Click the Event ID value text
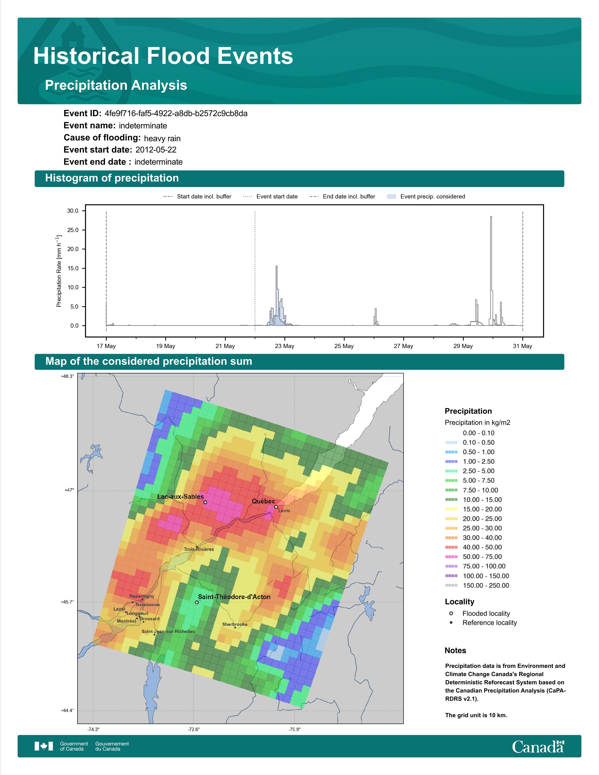pyautogui.click(x=176, y=114)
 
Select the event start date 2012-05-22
pyautogui.click(x=156, y=150)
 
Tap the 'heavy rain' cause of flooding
pyautogui.click(x=162, y=138)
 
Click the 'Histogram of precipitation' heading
pyautogui.click(x=112, y=178)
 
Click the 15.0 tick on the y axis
pyautogui.click(x=73, y=268)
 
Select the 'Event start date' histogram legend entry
pyautogui.click(x=270, y=197)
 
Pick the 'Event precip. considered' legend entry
pyautogui.click(x=426, y=197)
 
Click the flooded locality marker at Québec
pyautogui.click(x=276, y=507)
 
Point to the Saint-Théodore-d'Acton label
pyautogui.click(x=234, y=597)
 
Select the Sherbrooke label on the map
pyautogui.click(x=235, y=624)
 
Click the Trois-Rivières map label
pyautogui.click(x=199, y=549)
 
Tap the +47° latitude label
pyautogui.click(x=69, y=490)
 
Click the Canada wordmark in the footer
pyautogui.click(x=538, y=746)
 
